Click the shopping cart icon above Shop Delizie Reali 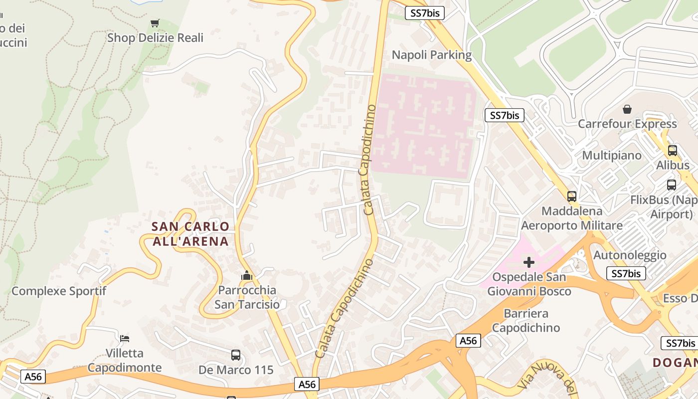coord(155,23)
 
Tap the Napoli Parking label coord(431,55)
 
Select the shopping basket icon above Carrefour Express coord(627,109)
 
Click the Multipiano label coord(612,155)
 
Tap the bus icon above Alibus coord(673,150)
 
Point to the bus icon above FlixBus coord(672,185)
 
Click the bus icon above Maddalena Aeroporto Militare coord(572,197)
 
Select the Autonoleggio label coord(630,255)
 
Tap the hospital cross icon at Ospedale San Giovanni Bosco coord(529,262)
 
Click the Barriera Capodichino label coord(526,321)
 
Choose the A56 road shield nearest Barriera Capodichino coord(468,341)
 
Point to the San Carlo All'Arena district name coord(190,234)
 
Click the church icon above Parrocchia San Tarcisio coord(246,275)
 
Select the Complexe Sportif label coord(59,291)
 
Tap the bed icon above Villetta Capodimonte coord(125,339)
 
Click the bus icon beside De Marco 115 coord(236,355)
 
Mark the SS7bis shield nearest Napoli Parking coord(424,13)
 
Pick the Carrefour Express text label coord(627,124)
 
